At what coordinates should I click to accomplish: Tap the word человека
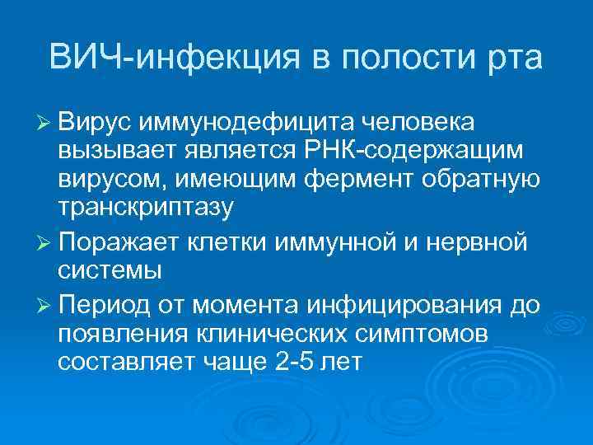[x=416, y=122]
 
